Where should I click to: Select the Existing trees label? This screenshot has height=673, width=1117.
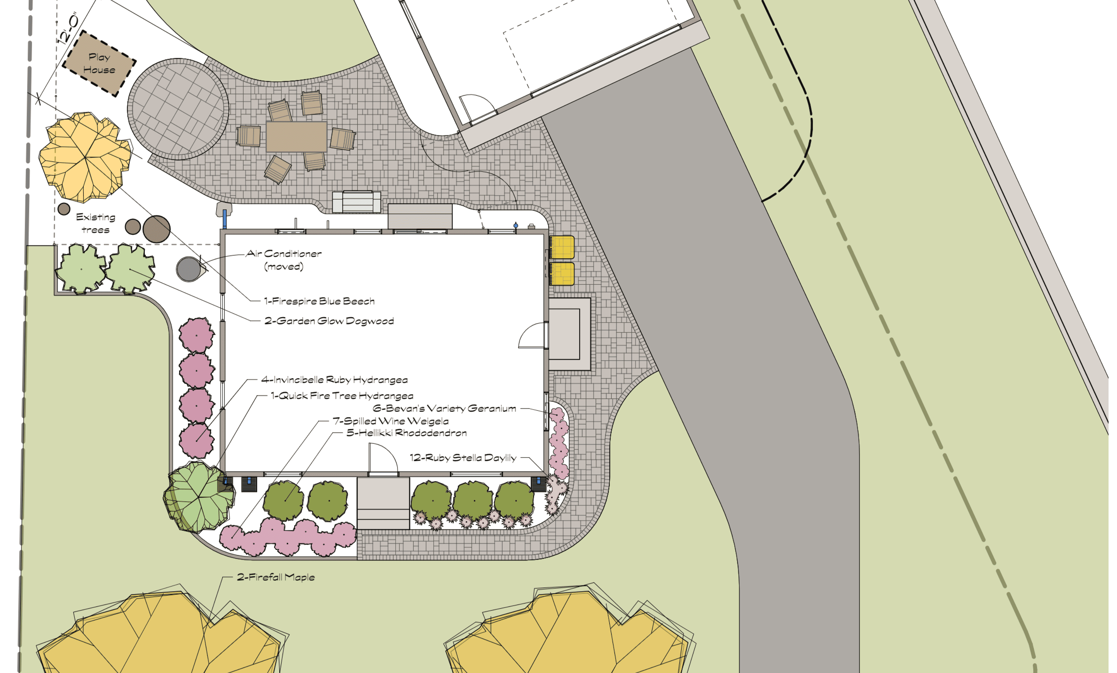[96, 223]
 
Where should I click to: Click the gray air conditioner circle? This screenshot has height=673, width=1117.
[189, 269]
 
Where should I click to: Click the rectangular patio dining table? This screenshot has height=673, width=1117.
[296, 136]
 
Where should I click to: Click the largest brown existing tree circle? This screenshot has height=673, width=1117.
[157, 229]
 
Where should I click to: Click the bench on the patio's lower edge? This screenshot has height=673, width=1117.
[356, 202]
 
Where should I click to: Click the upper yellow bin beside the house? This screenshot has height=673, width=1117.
[562, 248]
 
